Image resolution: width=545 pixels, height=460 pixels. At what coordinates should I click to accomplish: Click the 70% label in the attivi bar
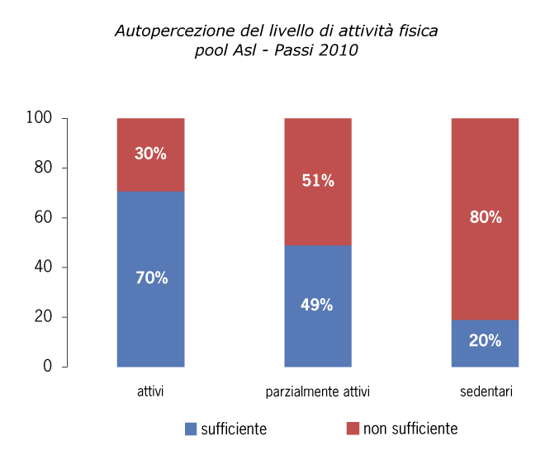coord(151,278)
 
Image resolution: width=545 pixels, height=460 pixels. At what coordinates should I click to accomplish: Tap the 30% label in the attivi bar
coord(151,154)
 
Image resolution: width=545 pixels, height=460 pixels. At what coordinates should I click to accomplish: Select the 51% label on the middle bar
coord(318,181)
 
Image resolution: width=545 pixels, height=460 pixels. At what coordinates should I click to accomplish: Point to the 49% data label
coord(318,305)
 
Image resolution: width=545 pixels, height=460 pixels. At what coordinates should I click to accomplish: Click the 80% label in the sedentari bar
coord(486,217)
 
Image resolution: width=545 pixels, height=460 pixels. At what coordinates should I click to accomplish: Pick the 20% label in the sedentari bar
coord(486,339)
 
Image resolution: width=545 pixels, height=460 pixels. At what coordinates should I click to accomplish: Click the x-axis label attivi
coord(150,391)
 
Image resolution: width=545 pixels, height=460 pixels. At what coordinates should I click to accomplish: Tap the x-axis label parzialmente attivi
coord(318,391)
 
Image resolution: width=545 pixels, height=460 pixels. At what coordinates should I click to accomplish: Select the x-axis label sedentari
coord(486,391)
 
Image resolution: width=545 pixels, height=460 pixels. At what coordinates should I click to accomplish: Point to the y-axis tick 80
coord(45,168)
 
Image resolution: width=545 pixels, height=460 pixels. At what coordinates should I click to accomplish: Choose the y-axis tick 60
coord(45,217)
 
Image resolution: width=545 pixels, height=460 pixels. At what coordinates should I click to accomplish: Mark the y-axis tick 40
coord(45,267)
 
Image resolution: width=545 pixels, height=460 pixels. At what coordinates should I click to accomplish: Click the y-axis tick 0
coord(49,366)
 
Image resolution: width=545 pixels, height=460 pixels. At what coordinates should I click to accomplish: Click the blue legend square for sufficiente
coord(191,429)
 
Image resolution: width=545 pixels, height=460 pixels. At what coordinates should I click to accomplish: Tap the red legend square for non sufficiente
coord(353,429)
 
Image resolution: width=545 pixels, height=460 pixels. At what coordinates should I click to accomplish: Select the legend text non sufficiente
coord(410,429)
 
